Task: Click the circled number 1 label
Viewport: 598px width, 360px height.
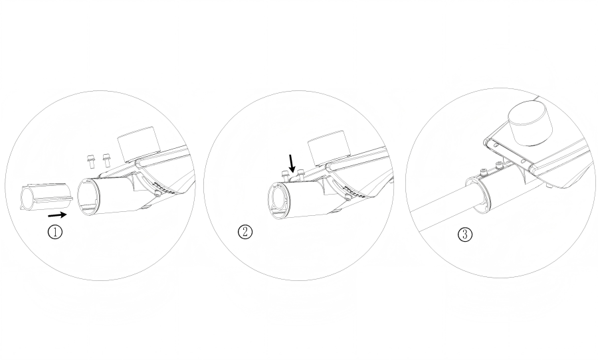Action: pos(55,232)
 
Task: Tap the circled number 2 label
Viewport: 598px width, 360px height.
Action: pos(245,232)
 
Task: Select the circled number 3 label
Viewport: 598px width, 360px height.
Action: pos(464,234)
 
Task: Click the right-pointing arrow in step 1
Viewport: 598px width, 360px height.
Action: pos(58,215)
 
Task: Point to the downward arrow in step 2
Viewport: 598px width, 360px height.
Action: pos(292,163)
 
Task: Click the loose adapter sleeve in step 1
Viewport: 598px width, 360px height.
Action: pos(47,197)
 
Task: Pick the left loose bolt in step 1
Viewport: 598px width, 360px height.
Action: pos(91,161)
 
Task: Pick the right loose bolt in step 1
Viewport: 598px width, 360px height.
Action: pos(106,160)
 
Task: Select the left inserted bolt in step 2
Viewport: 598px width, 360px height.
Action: pos(284,176)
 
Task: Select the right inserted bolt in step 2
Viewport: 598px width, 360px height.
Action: pos(301,174)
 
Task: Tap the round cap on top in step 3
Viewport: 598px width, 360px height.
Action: pos(531,123)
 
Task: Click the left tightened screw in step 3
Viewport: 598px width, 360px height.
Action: pos(483,173)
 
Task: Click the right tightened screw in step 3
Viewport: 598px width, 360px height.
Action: pos(499,165)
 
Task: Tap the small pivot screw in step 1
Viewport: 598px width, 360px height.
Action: pos(157,195)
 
